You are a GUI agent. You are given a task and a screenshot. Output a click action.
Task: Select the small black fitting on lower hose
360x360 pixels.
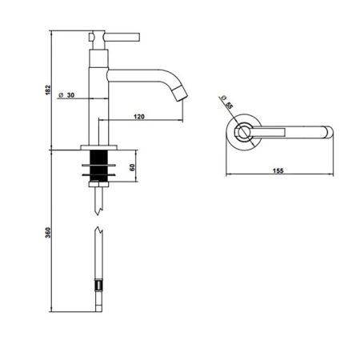[x=99, y=284]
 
